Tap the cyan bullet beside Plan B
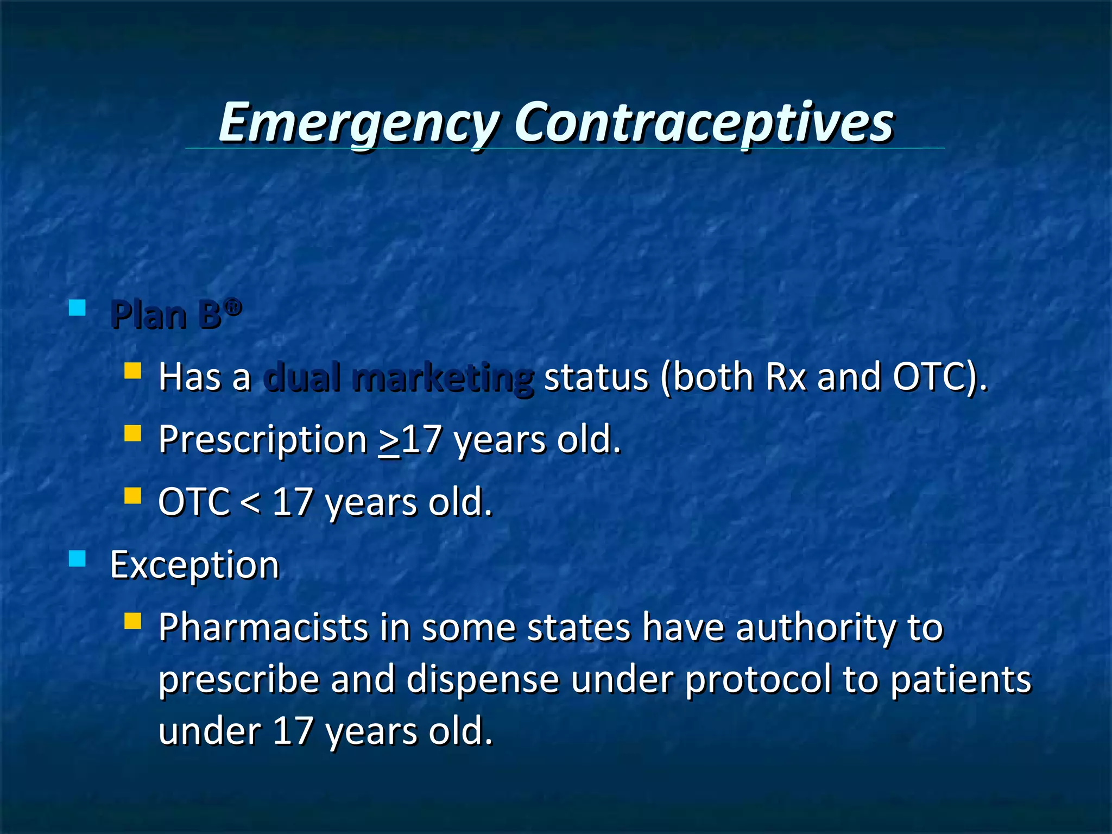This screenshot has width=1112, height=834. [78, 308]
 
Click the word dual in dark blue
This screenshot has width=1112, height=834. [302, 377]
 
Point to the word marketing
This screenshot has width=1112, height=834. [443, 378]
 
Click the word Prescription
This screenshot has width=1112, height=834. [263, 439]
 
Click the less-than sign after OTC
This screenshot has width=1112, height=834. [250, 503]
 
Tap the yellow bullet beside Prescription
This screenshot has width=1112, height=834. [132, 434]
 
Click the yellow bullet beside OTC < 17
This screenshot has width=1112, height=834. [132, 496]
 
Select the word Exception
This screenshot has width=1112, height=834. [194, 565]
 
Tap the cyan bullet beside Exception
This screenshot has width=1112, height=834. [78, 558]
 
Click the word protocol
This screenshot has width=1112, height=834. [758, 679]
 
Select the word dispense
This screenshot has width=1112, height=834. [483, 679]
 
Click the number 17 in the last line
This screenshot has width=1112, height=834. [293, 731]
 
